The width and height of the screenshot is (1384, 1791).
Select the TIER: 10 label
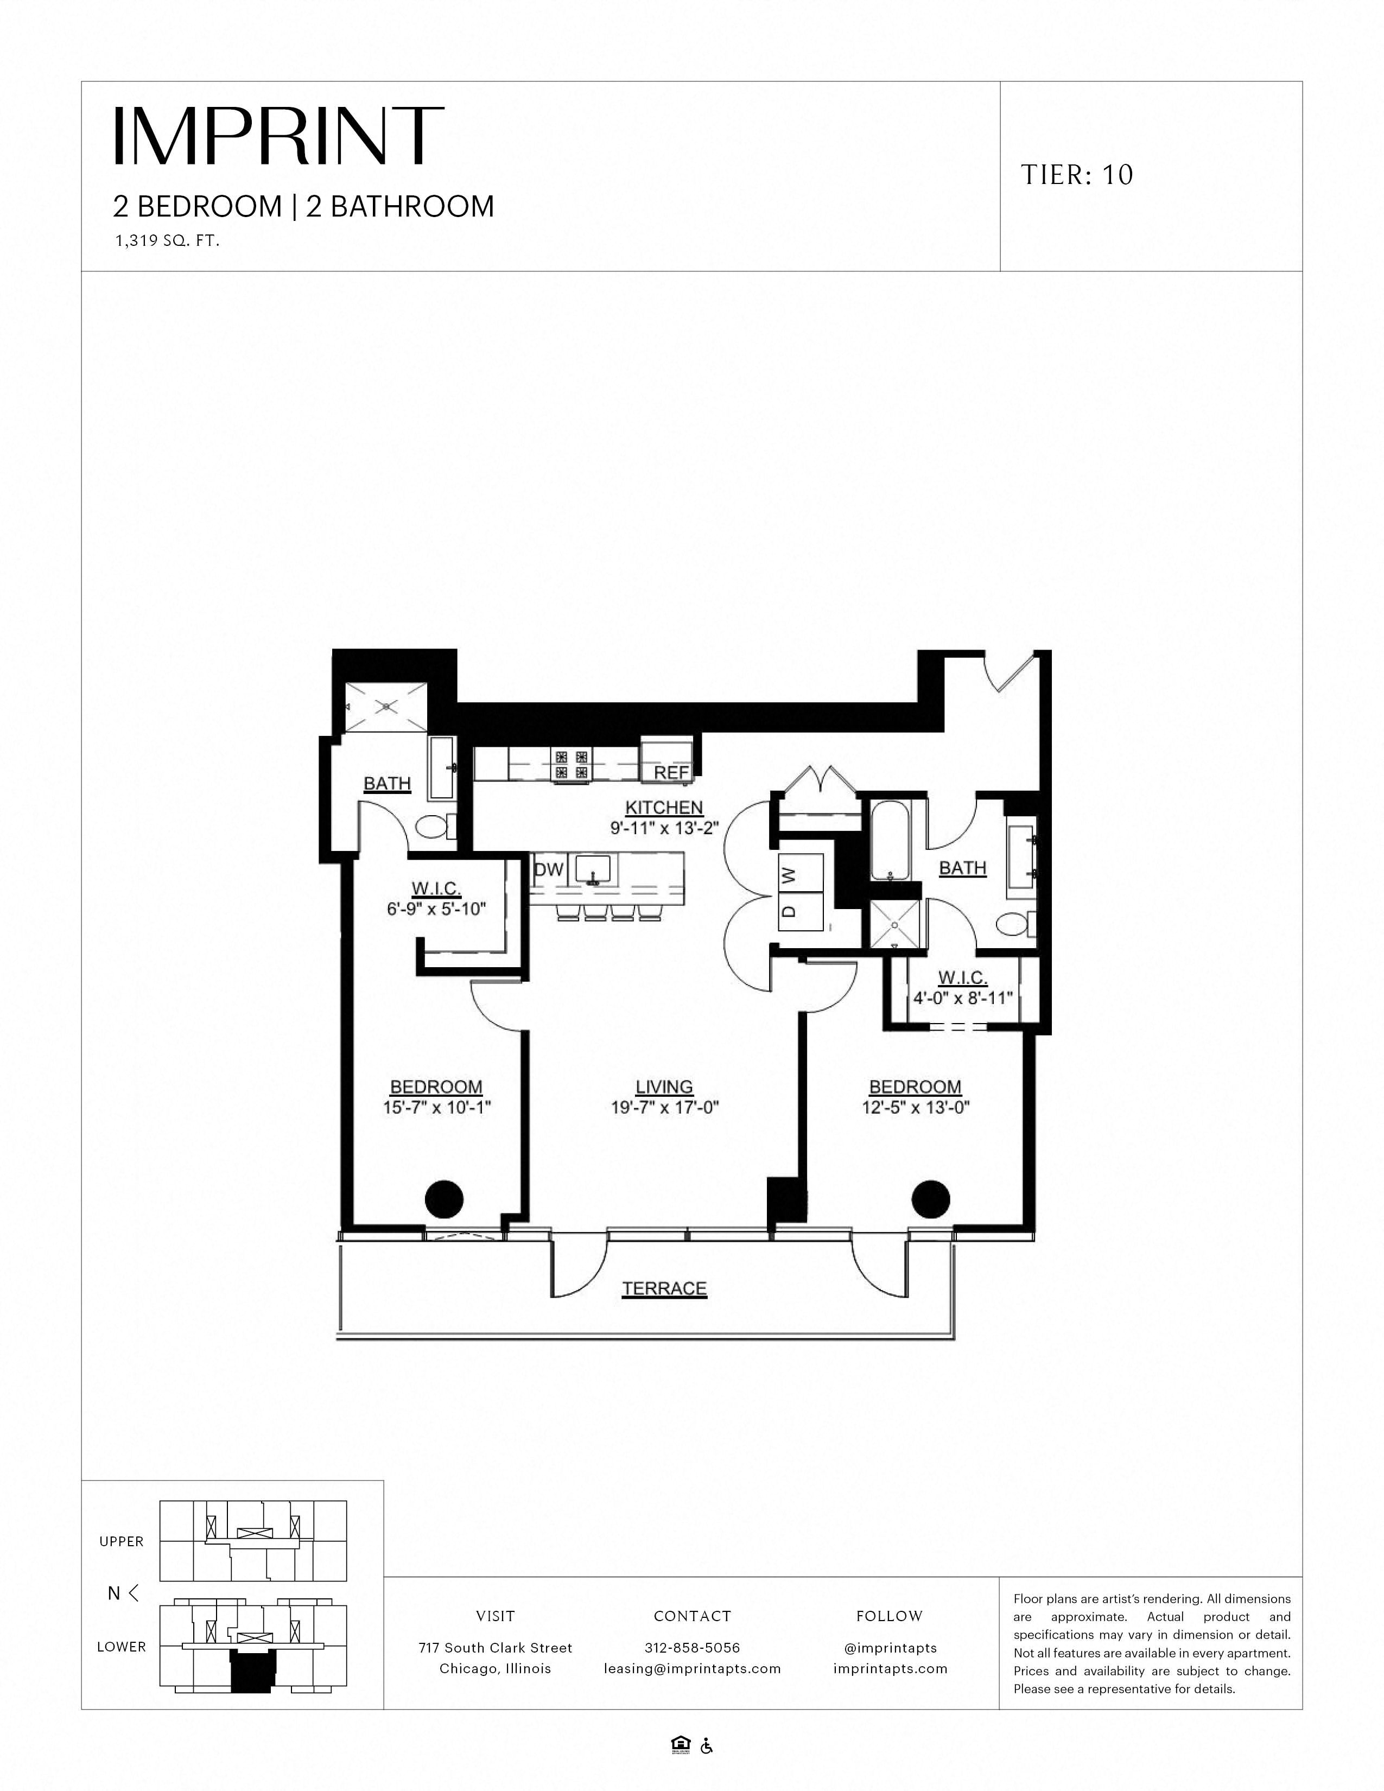point(1077,175)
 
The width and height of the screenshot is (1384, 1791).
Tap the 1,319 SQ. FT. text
point(167,242)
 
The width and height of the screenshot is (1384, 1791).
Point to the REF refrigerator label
point(671,772)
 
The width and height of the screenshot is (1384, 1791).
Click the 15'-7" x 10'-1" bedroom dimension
point(436,1108)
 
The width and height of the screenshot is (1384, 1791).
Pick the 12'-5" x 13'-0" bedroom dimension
point(915,1108)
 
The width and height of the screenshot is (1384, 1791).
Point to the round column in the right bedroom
point(931,1199)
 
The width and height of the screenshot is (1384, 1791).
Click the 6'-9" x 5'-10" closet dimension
point(436,909)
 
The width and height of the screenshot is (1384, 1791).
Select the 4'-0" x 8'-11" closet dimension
point(963,999)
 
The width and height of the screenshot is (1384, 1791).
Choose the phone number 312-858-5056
point(692,1648)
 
